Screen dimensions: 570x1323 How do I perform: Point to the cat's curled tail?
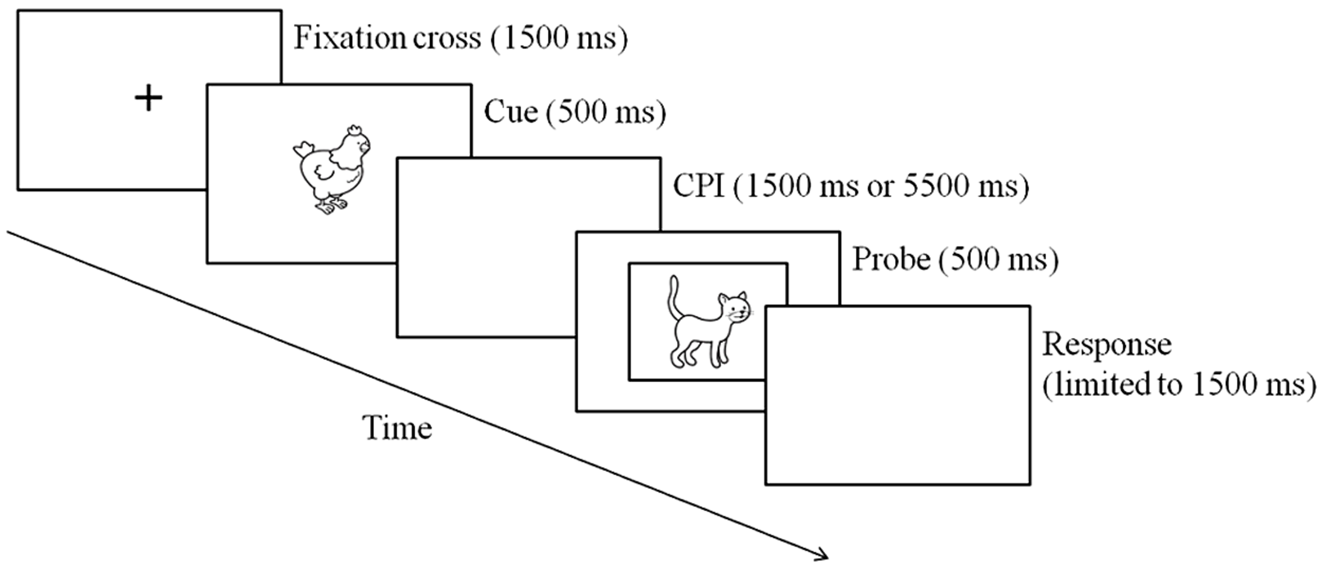tap(673, 296)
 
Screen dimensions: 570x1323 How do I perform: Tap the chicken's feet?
tap(331, 205)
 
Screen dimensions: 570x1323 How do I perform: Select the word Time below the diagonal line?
tap(397, 428)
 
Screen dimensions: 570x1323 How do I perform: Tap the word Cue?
tap(511, 112)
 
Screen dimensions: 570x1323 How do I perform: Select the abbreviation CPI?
tap(698, 186)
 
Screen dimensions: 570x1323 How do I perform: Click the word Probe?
tap(891, 260)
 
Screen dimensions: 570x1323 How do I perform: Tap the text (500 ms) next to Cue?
tap(606, 112)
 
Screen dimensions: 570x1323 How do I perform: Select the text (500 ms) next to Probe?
tap(998, 260)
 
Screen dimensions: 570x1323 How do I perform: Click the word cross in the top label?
tap(447, 38)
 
